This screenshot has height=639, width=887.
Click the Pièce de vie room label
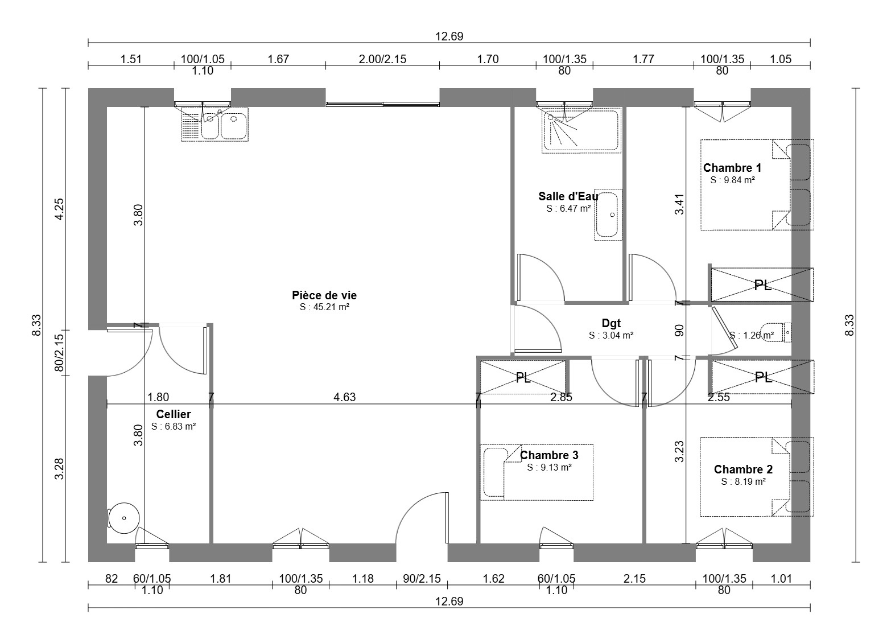click(x=324, y=295)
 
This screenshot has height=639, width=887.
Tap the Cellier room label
click(x=174, y=414)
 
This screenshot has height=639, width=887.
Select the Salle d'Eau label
click(x=568, y=196)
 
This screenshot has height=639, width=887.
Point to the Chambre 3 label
click(x=549, y=455)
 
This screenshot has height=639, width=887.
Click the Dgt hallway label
click(x=611, y=323)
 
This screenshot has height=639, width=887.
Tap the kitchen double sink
click(x=214, y=124)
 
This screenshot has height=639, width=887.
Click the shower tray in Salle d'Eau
click(x=581, y=130)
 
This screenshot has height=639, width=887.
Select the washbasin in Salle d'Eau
click(x=608, y=215)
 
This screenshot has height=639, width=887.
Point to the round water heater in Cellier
click(x=124, y=518)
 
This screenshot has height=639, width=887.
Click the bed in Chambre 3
click(x=537, y=472)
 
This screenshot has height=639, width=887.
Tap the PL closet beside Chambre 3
click(x=523, y=377)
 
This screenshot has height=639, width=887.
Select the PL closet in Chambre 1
click(x=762, y=285)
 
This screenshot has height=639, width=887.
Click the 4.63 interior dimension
click(x=345, y=397)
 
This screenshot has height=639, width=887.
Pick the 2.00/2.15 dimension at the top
click(x=382, y=59)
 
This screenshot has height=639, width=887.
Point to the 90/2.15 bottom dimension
click(x=422, y=579)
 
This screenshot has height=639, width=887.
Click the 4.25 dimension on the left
click(x=59, y=209)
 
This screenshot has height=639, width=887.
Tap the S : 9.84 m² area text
click(x=732, y=180)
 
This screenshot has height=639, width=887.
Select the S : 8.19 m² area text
click(x=743, y=482)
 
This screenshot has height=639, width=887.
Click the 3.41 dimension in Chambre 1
click(x=679, y=204)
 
